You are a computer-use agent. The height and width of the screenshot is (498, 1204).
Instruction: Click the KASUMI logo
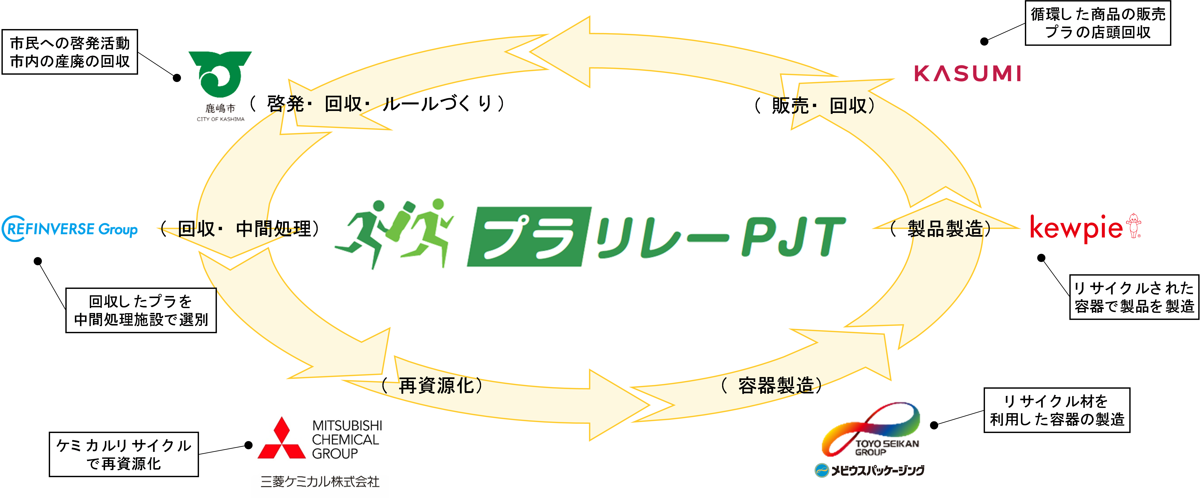(968, 74)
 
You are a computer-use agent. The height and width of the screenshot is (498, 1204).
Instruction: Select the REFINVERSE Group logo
(70, 229)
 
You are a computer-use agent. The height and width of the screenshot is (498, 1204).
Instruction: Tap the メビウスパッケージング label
(870, 470)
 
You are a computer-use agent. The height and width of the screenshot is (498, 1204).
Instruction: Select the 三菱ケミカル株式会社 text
(320, 482)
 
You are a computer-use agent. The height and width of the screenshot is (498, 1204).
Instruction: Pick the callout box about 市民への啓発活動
(70, 52)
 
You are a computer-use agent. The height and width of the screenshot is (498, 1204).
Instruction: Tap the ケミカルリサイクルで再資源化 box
(124, 454)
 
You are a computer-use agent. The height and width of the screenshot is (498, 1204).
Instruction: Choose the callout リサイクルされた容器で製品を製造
(1134, 297)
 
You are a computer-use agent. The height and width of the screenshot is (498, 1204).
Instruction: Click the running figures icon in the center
(395, 234)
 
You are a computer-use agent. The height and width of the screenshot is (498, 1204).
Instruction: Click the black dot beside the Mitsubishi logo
(249, 445)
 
